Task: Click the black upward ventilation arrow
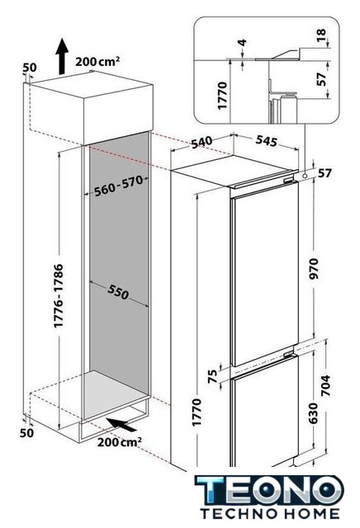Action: [62, 55]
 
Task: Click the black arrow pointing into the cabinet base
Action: [121, 424]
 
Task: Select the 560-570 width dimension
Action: [119, 186]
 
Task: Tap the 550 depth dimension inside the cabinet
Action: [118, 291]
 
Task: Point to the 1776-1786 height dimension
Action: [59, 295]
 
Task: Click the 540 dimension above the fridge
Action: [202, 142]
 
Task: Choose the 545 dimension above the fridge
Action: [266, 140]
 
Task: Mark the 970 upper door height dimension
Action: [314, 268]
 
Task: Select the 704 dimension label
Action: [325, 385]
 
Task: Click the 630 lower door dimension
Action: [313, 413]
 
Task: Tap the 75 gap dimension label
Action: [213, 377]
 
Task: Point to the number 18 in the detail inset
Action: [321, 35]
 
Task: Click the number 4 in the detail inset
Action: [242, 43]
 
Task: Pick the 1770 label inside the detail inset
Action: [223, 96]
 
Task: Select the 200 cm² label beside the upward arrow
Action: [97, 62]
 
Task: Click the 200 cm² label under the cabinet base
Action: [120, 442]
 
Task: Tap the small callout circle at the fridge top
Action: [305, 176]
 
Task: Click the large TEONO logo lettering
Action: [269, 490]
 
